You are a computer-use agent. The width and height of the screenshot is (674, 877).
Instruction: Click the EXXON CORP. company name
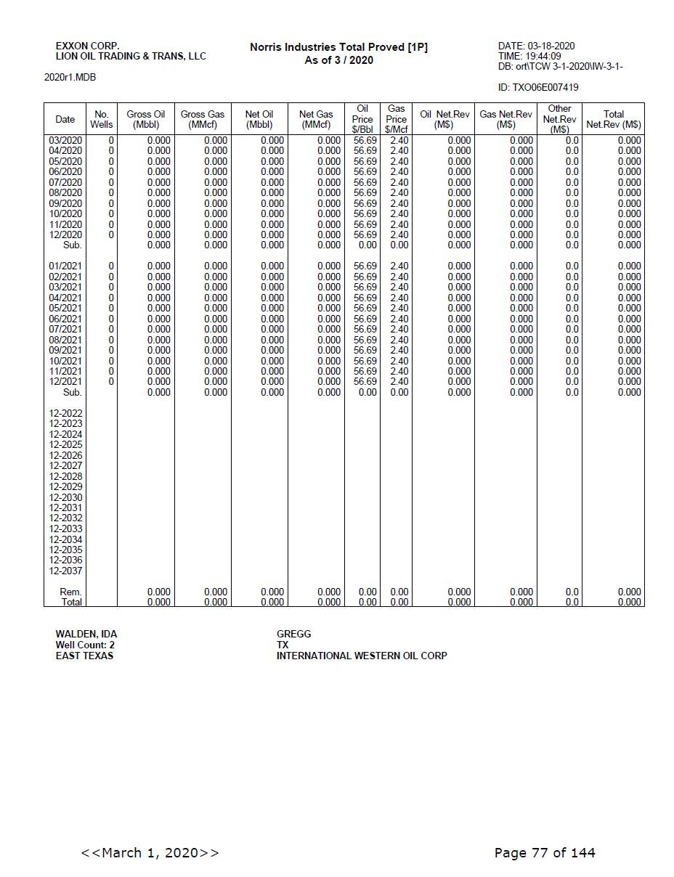pos(87,46)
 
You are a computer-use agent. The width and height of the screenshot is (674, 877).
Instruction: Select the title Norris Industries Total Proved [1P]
pos(338,47)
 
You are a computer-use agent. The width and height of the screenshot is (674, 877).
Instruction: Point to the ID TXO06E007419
pos(538,88)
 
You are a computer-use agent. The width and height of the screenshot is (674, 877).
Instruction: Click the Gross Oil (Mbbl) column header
pos(145,119)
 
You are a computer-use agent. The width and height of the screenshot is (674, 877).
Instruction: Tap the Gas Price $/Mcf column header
pos(396,119)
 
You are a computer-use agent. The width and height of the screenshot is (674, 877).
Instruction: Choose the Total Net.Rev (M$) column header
pos(613,119)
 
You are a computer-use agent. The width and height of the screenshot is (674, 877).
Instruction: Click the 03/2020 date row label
pos(65,140)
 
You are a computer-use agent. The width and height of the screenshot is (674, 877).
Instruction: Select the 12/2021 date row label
pos(65,381)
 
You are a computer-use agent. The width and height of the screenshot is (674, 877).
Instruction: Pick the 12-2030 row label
pos(65,497)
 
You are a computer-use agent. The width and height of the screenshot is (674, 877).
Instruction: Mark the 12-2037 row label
pos(65,571)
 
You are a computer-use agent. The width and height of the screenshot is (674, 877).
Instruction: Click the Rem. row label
pos(70,592)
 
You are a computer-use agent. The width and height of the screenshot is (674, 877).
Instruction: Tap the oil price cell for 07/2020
pos(365,182)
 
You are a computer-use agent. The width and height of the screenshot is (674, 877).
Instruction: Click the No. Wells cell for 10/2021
pos(111,361)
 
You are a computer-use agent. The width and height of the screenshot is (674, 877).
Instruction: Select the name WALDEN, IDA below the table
pos(86,634)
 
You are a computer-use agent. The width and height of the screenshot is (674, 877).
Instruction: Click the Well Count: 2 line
pos(85,645)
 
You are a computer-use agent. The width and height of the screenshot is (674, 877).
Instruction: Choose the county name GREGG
pos(293,634)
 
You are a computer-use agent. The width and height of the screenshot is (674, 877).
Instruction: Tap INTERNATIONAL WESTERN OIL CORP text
pos(361,656)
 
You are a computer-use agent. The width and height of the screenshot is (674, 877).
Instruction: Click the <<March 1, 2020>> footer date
pos(150,852)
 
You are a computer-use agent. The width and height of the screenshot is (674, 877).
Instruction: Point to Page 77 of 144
pos(544,852)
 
